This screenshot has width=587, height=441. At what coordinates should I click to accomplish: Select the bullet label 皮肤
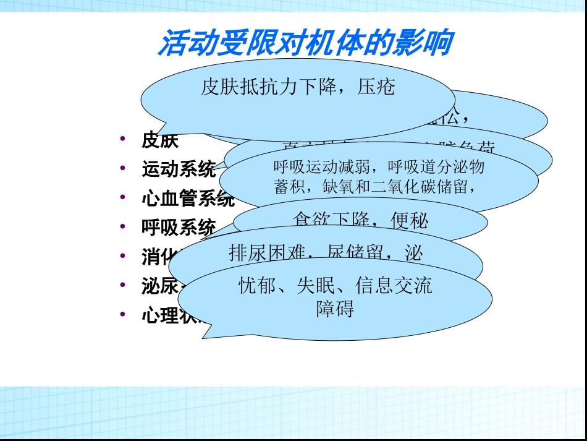pyautogui.click(x=160, y=140)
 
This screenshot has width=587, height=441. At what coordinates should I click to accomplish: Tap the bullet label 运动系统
pyautogui.click(x=179, y=169)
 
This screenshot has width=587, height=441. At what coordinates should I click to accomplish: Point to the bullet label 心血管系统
pyautogui.click(x=187, y=199)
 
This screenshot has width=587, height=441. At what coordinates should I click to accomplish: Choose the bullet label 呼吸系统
pyautogui.click(x=179, y=228)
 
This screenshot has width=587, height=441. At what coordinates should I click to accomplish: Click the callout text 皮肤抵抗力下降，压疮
pyautogui.click(x=298, y=87)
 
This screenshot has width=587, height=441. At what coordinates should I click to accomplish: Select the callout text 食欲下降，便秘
pyautogui.click(x=360, y=221)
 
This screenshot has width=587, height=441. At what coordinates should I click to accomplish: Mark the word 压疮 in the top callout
pyautogui.click(x=376, y=87)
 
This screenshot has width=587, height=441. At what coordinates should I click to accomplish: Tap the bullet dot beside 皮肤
pyautogui.click(x=124, y=140)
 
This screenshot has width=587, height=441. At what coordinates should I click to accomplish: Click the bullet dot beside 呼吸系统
pyautogui.click(x=124, y=227)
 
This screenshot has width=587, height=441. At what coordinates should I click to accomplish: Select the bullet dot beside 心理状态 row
pyautogui.click(x=124, y=314)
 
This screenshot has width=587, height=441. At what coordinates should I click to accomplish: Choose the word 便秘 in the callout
pyautogui.click(x=410, y=221)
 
